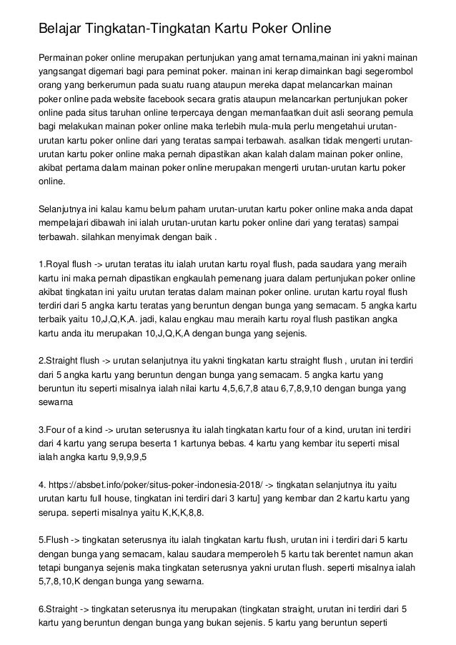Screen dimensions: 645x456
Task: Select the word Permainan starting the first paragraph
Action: coord(61,58)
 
